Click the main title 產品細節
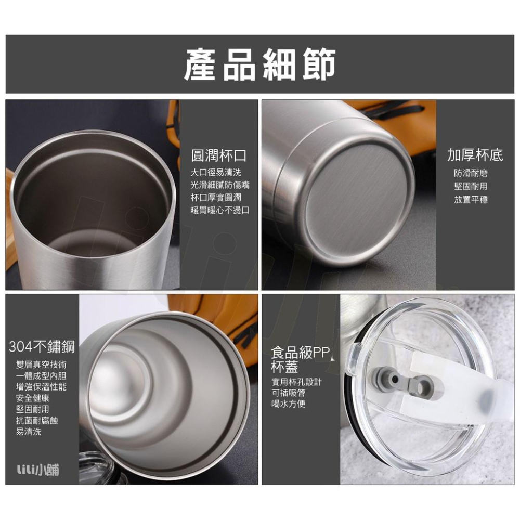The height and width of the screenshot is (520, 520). pos(259,64)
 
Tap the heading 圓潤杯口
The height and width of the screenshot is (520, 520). pos(218,155)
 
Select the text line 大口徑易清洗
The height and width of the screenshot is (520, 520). pos(216,172)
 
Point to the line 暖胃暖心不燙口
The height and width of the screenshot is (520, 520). pos(220,210)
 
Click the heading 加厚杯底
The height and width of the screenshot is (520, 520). pos(475,155)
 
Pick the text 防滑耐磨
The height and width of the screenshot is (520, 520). pos(471,173)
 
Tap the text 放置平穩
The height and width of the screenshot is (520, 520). pos(471,199)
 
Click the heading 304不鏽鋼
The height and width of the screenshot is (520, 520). pos(42,346)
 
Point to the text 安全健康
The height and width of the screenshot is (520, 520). pos(33,398)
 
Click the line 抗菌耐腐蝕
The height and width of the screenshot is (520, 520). pos(37,420)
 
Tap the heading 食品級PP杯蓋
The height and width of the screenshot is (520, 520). pos(299,360)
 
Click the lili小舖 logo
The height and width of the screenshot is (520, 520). pos(37,470)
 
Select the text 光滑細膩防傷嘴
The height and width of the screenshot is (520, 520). pos(220,185)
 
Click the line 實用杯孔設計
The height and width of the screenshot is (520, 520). pos(296,382)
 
